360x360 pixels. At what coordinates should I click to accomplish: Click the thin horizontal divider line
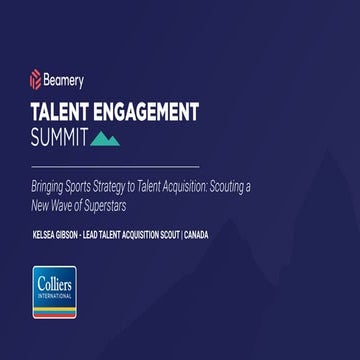[x=114, y=166]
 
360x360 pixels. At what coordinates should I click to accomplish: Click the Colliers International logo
[x=54, y=291]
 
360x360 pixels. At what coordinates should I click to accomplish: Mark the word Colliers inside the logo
[x=54, y=283]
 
